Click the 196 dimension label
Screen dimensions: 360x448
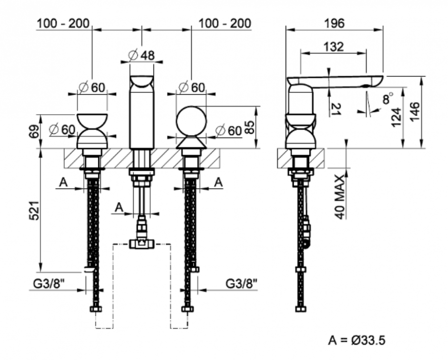(x=334, y=22)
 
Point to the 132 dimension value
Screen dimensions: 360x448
(x=334, y=47)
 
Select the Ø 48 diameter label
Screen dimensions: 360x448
(x=142, y=55)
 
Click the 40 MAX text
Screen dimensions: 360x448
(x=339, y=196)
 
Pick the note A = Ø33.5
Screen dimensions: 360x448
(x=356, y=340)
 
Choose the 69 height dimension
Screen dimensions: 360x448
(x=33, y=131)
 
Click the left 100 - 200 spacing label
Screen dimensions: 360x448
(x=64, y=23)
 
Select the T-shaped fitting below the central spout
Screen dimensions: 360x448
(x=142, y=244)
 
